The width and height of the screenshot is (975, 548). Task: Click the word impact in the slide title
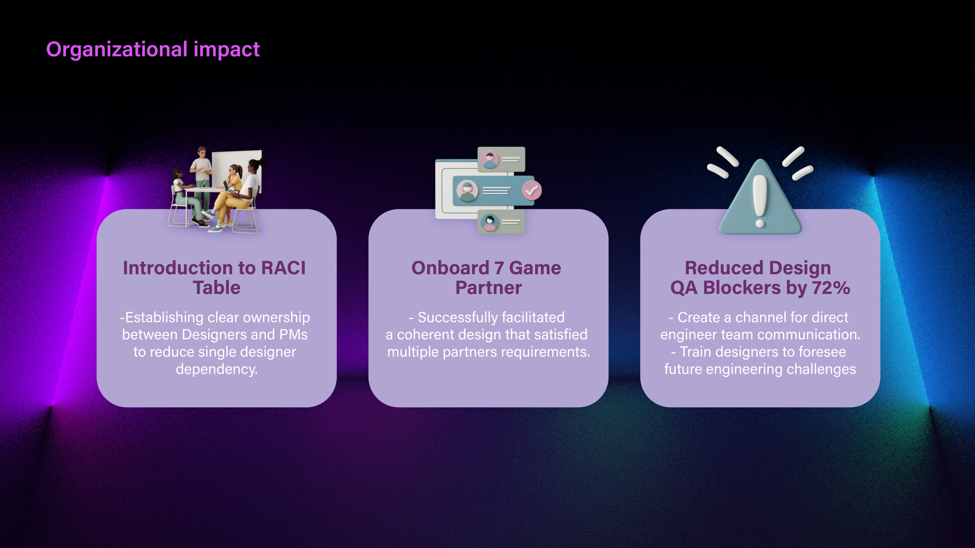point(226,49)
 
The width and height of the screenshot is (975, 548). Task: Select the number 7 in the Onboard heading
point(499,268)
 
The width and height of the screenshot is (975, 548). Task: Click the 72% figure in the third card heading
point(831,288)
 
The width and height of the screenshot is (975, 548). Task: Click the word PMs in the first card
point(294,334)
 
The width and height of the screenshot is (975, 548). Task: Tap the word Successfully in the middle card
point(458,318)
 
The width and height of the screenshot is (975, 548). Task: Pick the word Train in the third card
point(695,352)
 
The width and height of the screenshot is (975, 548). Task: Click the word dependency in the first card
point(215,369)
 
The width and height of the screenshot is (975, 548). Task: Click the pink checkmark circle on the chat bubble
point(532,190)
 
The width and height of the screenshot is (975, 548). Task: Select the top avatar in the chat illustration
point(490,159)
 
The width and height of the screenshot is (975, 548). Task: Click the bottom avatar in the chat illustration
point(490,223)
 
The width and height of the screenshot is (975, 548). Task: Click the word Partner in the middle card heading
point(489,288)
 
